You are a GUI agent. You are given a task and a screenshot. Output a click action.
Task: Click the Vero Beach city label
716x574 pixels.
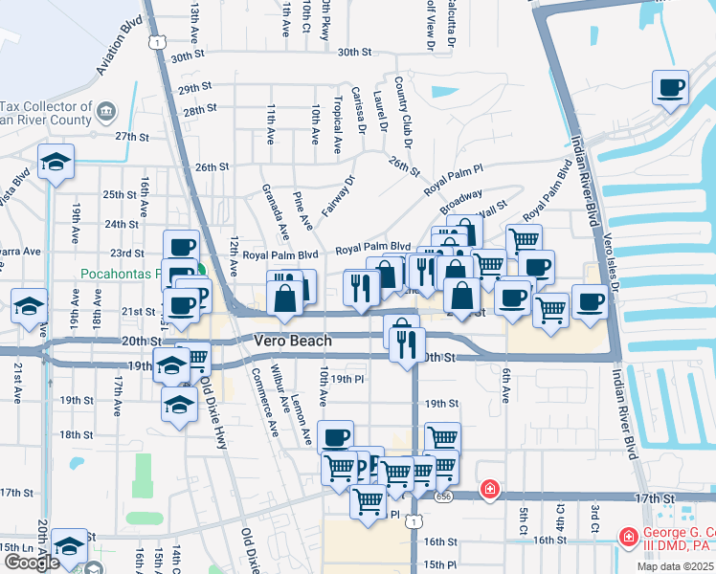pos(293,341)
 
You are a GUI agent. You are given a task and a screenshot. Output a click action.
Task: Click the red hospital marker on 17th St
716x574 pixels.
pos(490,490)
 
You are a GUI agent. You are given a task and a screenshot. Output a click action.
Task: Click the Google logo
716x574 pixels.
pos(32,563)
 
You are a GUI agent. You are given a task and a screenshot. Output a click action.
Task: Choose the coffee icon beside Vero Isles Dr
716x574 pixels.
pos(590,301)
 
